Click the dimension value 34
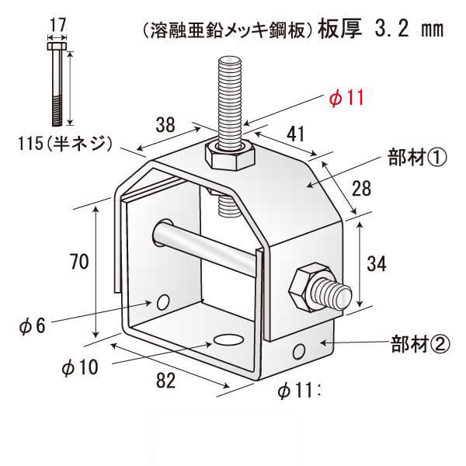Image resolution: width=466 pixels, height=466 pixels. pyautogui.click(x=377, y=264)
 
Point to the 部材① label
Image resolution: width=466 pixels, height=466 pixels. pyautogui.click(x=416, y=159)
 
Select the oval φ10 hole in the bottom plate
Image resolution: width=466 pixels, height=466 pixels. pyautogui.click(x=228, y=340)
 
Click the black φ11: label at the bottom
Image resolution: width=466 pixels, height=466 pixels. pyautogui.click(x=300, y=391)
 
